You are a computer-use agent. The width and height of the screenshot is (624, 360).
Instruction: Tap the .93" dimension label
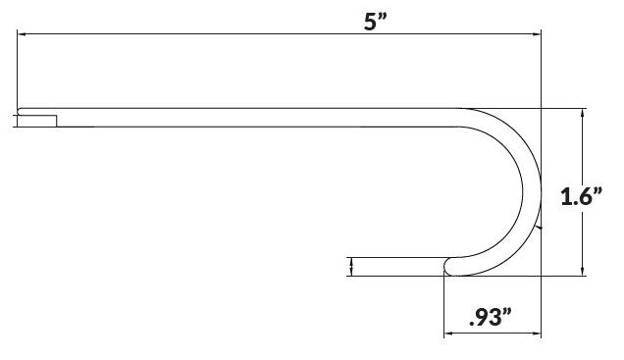(492, 317)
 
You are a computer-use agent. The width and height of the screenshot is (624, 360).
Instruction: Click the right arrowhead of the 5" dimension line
(536, 33)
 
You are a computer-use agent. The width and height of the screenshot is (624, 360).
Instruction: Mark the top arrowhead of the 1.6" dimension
(584, 113)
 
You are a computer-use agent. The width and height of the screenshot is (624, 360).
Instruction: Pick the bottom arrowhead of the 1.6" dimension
(584, 273)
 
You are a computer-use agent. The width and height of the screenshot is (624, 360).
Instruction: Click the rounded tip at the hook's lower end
(449, 264)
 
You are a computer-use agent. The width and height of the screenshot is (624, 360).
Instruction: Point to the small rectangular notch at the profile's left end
(36, 121)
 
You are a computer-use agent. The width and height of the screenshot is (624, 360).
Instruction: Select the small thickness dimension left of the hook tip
(350, 266)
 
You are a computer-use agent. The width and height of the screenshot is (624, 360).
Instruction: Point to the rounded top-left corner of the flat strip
(20, 110)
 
